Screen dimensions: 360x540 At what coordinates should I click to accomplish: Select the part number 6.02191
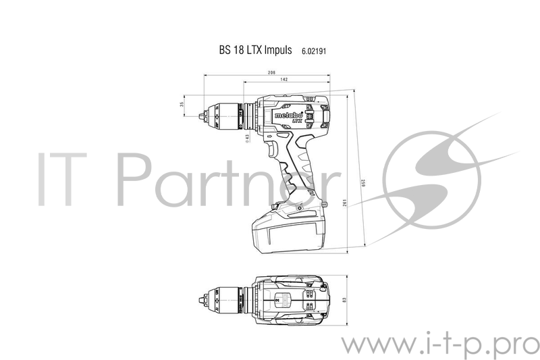[x=315, y=51]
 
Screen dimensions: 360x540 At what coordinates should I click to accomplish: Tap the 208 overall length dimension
[x=252, y=72]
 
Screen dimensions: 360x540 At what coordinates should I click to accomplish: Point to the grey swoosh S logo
[x=435, y=169]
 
